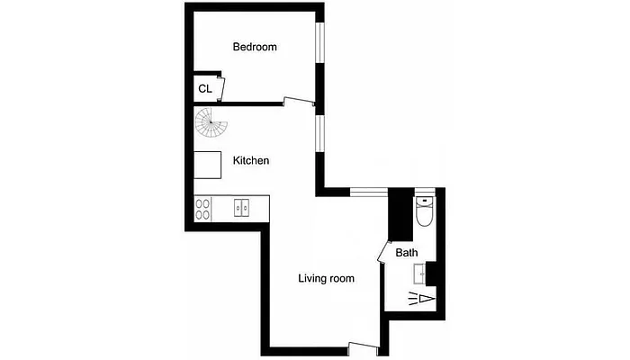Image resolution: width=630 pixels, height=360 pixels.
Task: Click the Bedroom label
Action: point(254,47)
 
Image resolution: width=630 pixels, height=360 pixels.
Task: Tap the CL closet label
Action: point(205,88)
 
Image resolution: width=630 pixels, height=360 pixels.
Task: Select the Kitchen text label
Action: point(251,160)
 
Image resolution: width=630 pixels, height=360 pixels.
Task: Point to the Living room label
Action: point(326,278)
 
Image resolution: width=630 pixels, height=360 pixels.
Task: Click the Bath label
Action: point(406,253)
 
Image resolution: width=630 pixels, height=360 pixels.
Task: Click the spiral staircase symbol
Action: point(211,123)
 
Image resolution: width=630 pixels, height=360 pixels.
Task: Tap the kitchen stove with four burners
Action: point(203,209)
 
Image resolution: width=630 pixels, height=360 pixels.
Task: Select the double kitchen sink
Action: point(242,208)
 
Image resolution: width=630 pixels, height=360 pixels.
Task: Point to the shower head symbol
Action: point(423,298)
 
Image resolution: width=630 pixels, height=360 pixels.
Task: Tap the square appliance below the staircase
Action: point(208,166)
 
